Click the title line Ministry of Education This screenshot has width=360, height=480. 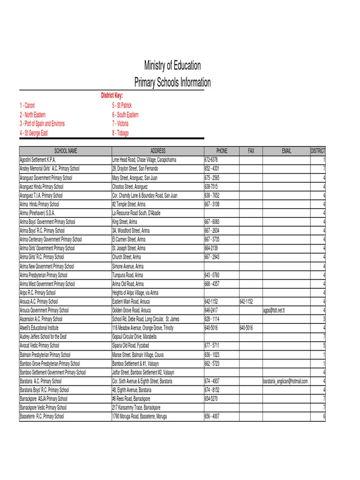click(x=172, y=66)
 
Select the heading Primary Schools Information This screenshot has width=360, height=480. click(x=172, y=83)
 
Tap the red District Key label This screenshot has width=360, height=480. click(x=112, y=96)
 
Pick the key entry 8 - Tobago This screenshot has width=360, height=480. click(x=120, y=133)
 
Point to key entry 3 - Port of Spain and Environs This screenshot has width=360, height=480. click(x=42, y=124)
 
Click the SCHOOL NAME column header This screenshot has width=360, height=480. click(x=66, y=151)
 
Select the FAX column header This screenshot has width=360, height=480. click(x=251, y=151)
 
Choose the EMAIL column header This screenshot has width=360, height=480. click(x=286, y=151)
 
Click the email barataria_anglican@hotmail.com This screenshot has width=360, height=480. click(x=285, y=382)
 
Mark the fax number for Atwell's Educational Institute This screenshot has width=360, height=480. click(x=247, y=328)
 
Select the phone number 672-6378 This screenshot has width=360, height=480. click(x=211, y=160)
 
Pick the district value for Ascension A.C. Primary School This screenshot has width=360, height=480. click(x=324, y=319)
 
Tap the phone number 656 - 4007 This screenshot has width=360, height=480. click(x=212, y=417)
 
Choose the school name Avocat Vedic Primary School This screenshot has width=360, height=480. click(x=39, y=346)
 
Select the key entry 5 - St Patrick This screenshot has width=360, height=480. click(x=122, y=105)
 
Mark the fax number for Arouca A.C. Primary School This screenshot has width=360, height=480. click(x=247, y=301)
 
